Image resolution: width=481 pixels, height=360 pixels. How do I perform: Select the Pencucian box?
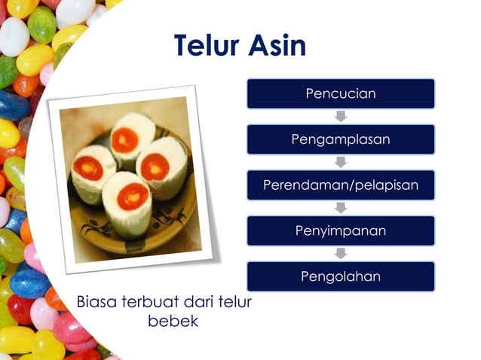pyautogui.click(x=340, y=93)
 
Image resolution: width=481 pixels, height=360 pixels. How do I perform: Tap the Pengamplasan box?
pyautogui.click(x=340, y=139)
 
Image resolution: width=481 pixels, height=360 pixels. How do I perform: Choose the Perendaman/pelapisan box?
pyautogui.click(x=340, y=185)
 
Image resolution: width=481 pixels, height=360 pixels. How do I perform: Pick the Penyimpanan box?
pyautogui.click(x=340, y=230)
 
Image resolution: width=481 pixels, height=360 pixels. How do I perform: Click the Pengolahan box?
pyautogui.click(x=340, y=276)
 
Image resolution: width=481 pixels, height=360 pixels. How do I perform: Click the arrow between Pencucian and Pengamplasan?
pyautogui.click(x=341, y=116)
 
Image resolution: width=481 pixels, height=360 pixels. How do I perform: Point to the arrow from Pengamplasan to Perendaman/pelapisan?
pyautogui.click(x=341, y=162)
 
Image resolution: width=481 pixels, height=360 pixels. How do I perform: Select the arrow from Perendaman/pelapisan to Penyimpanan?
pyautogui.click(x=341, y=208)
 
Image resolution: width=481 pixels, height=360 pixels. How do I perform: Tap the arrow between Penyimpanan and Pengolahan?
pyautogui.click(x=341, y=254)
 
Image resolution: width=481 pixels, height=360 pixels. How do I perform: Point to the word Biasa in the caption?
pyautogui.click(x=97, y=303)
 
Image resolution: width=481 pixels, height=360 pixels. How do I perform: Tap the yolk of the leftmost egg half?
pyautogui.click(x=88, y=167)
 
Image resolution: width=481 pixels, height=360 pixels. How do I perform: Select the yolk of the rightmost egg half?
pyautogui.click(x=155, y=166)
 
